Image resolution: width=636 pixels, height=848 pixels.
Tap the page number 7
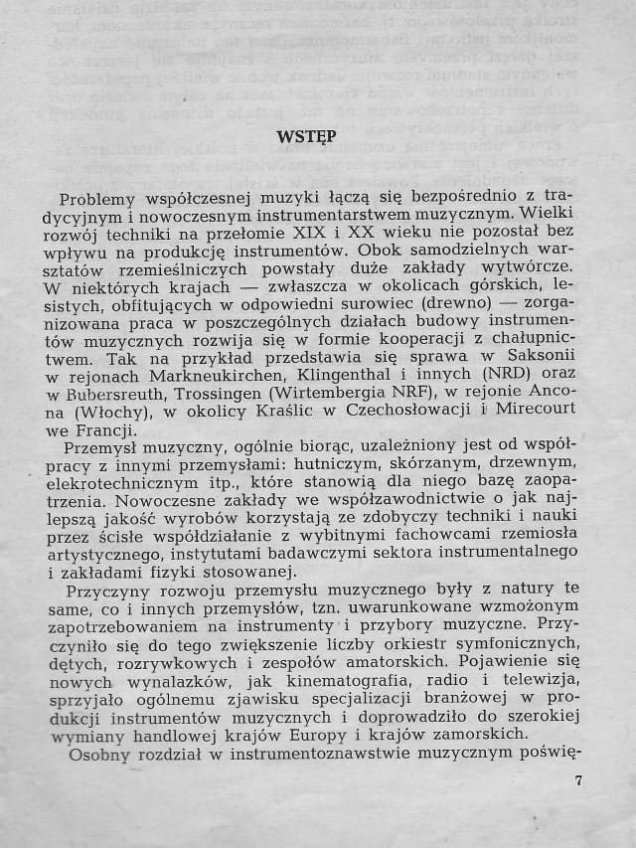(578, 780)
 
